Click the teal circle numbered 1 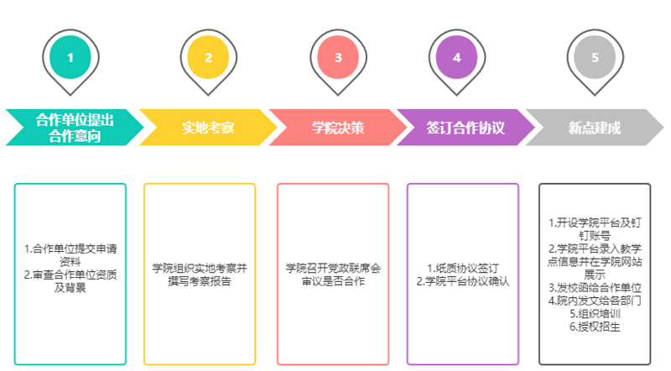coord(70,57)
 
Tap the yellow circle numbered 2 coord(208,57)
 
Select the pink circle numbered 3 coord(338,57)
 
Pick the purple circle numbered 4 coord(457,57)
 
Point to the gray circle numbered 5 coord(595,57)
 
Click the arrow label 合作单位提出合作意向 coord(74,128)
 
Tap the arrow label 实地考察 coord(208,128)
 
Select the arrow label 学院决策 coord(338,128)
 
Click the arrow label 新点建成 coord(595,128)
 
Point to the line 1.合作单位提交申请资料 coord(70,254)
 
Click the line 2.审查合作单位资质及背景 coord(70,280)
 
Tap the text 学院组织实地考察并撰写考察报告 coord(200,274)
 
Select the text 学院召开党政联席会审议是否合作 coord(333,274)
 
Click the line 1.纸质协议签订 coord(463,268)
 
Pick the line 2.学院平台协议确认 coord(463,281)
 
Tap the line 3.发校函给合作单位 coord(595,287)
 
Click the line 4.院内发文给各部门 coord(595,300)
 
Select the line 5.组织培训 coord(595,312)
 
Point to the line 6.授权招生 coord(595,326)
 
